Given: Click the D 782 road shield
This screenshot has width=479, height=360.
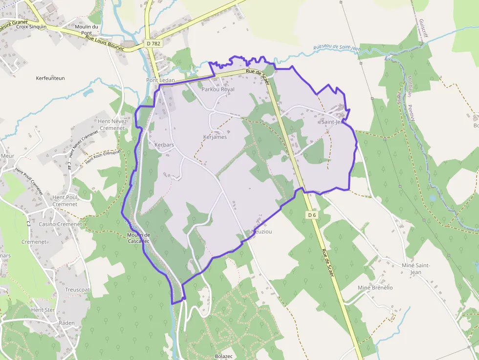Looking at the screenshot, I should (x=153, y=43).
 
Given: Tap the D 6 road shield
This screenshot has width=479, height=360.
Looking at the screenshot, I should (x=312, y=215).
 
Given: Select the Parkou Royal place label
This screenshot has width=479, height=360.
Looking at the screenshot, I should (x=218, y=89).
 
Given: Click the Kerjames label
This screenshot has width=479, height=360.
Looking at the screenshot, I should (x=215, y=137).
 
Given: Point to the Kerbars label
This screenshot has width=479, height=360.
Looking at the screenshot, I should (x=164, y=145).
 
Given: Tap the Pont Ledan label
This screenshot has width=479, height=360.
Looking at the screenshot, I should (x=157, y=80).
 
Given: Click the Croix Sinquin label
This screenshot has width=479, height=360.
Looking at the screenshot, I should (x=31, y=27).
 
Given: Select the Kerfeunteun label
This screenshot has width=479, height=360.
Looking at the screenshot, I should (x=50, y=78).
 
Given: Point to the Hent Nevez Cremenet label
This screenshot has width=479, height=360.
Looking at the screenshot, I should (x=112, y=125).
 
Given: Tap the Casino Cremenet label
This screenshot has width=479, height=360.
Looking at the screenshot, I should (x=60, y=224).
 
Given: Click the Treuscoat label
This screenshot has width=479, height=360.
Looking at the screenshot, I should (x=78, y=290).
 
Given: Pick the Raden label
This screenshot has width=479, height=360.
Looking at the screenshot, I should (x=66, y=323).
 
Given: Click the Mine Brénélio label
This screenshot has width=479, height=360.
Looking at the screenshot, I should (x=375, y=288).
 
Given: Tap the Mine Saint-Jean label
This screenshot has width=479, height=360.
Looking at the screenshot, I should (x=415, y=268).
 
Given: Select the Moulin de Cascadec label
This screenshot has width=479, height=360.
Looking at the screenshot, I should (x=138, y=238).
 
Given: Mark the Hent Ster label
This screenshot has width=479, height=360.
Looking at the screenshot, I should (x=43, y=310).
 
